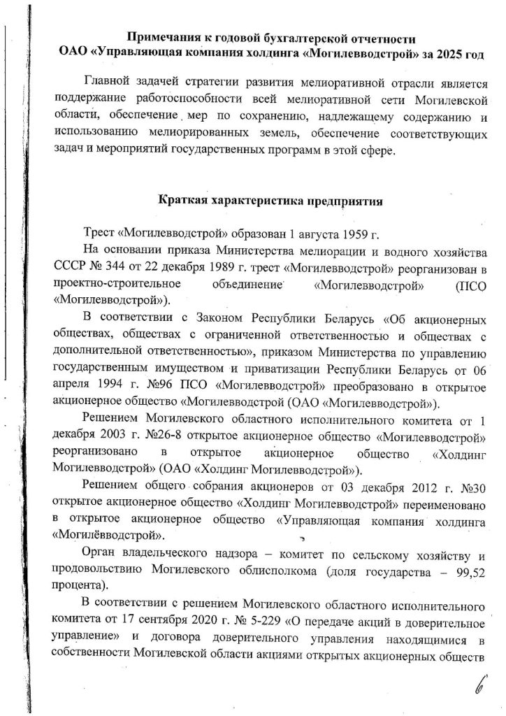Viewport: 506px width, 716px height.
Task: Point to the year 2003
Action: point(111,437)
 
